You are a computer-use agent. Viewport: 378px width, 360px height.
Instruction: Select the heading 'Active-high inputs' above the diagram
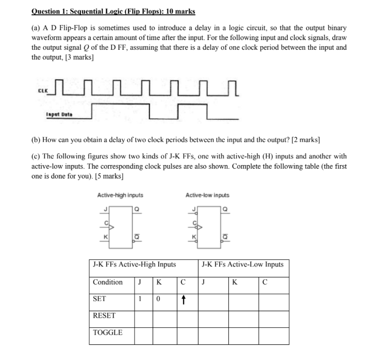coord(120,195)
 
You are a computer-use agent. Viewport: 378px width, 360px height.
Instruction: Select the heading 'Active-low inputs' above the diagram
coord(207,195)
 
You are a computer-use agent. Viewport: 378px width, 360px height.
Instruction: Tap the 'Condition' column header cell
coord(108,282)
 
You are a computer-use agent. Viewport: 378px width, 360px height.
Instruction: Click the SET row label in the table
coord(99,299)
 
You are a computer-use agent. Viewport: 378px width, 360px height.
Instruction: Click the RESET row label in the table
coord(104,316)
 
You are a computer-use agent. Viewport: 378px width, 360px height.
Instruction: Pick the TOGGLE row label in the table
coord(108,332)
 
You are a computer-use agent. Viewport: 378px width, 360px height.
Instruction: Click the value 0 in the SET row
coord(157,299)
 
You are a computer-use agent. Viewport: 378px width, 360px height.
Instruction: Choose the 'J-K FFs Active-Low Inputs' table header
coord(242,264)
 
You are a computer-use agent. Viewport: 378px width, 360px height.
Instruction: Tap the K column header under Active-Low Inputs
coord(235,283)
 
